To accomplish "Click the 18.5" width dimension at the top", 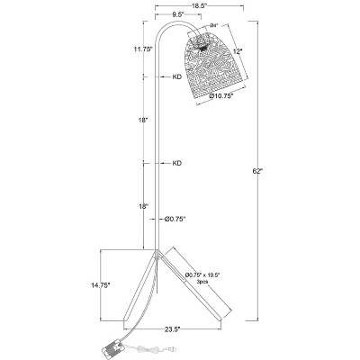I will pos(187,5).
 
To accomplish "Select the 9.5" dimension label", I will pos(165,16).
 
